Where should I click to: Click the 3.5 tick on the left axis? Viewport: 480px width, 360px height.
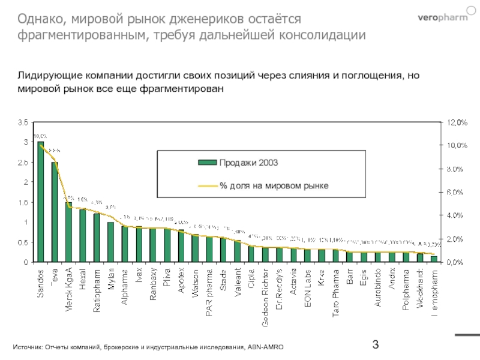(x=23, y=122)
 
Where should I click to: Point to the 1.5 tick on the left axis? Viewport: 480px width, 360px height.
(x=23, y=202)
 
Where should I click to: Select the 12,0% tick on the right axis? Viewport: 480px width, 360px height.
(x=454, y=122)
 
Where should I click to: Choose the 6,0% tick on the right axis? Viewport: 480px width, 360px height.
(x=454, y=192)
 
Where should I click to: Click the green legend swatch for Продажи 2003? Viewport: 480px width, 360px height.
(x=207, y=163)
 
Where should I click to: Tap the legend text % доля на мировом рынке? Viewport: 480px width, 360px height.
(x=274, y=186)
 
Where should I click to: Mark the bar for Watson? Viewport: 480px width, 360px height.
(x=195, y=248)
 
